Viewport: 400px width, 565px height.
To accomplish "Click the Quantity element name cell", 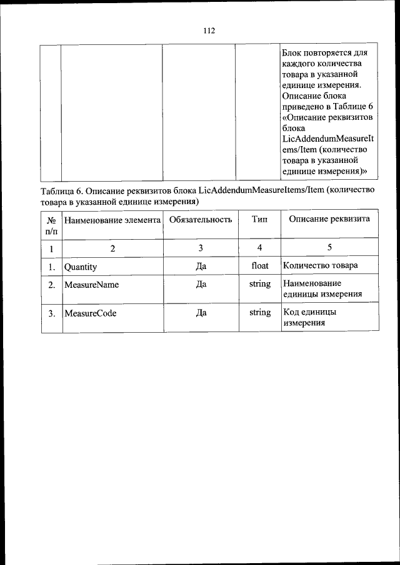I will click(x=81, y=266).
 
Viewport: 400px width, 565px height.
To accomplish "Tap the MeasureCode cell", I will click(x=90, y=312).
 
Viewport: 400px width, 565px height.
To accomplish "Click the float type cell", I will click(x=260, y=265).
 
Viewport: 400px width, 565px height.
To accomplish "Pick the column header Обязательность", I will click(x=201, y=219).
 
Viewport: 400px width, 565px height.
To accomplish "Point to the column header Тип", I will click(x=260, y=219).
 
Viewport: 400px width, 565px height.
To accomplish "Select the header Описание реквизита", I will click(x=329, y=219).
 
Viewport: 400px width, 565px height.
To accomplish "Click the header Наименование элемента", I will click(x=112, y=220).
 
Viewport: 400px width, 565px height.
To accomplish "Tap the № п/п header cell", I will click(x=52, y=225).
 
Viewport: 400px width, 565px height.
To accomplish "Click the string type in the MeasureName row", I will click(x=260, y=283).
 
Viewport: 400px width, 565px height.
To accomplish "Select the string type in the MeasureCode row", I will click(x=260, y=312).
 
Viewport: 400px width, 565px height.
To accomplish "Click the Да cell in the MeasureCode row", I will click(x=201, y=312).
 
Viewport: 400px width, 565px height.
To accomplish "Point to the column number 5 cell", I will click(x=329, y=248).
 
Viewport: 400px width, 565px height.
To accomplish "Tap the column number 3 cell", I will click(x=201, y=248).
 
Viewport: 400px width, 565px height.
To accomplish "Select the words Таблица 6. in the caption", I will click(x=61, y=190).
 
